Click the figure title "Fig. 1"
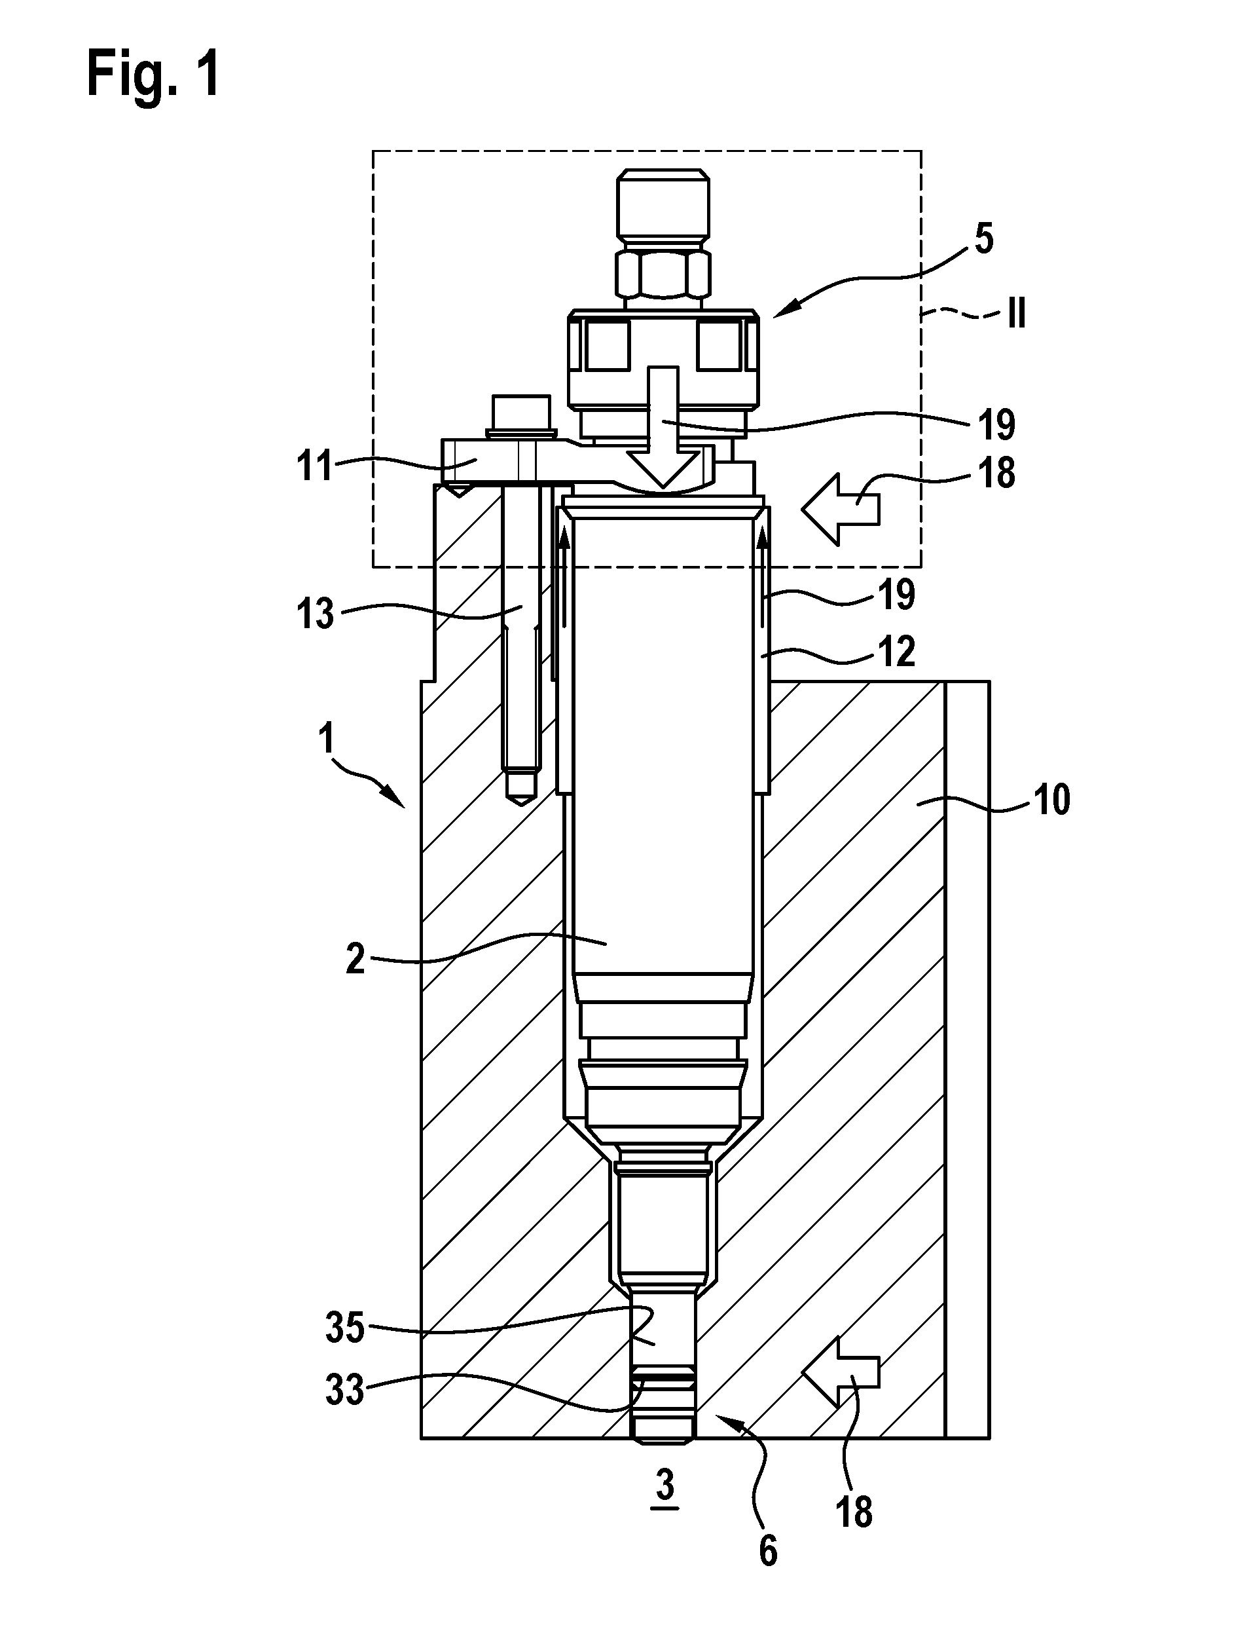153,75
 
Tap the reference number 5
984,239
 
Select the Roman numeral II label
1015,314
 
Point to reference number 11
315,468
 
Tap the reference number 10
1051,800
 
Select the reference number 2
355,958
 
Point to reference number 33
345,1391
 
